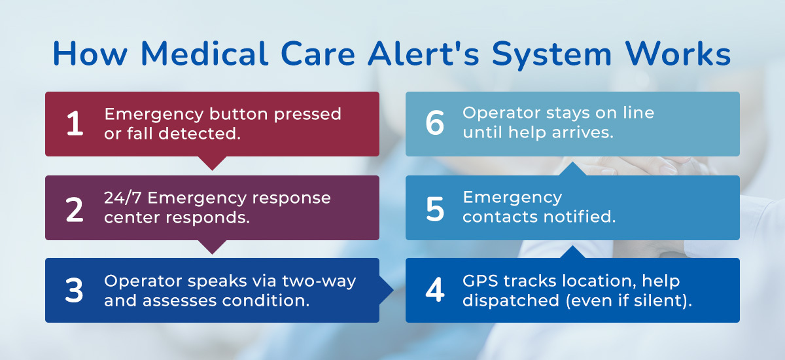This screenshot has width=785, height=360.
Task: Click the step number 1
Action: pos(75,123)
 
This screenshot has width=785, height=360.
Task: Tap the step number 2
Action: pos(75,209)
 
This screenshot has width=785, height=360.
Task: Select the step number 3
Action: pos(74,290)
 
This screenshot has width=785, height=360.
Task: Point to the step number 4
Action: pos(435,289)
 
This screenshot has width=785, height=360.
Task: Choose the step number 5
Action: pos(435,209)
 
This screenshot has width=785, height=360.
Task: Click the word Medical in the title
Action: pos(205,54)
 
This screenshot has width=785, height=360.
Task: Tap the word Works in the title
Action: pos(678,54)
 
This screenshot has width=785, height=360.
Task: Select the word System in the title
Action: pos(551,56)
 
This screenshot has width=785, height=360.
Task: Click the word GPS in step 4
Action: pos(480,281)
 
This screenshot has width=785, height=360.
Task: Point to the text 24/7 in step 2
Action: pos(123,198)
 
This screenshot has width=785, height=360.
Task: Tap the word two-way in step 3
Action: pos(319,281)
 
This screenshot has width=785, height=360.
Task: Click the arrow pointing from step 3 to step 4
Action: pos(387,290)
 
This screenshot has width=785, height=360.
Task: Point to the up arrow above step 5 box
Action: pos(572,169)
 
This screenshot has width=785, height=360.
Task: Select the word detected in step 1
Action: pos(200,134)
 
